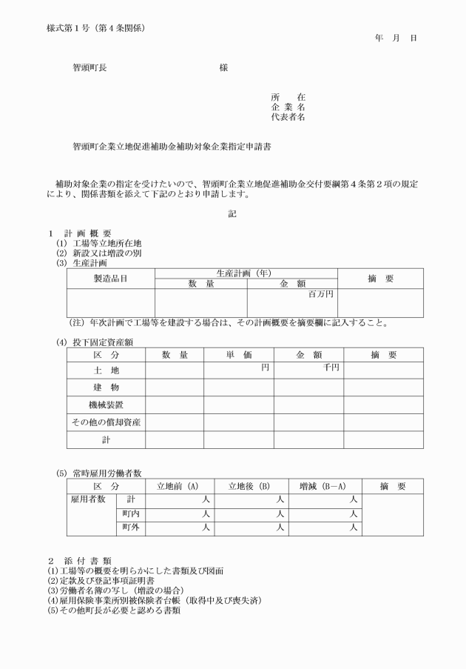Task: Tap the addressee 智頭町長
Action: (89, 68)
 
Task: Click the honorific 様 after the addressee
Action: (223, 68)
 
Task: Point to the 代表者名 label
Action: (288, 117)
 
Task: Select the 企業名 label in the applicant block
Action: (288, 107)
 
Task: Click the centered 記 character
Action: (232, 214)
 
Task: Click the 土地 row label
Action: (106, 370)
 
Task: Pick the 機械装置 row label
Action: (106, 405)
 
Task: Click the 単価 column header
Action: (239, 355)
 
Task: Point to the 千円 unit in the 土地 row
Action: (331, 367)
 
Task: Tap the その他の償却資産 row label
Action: (106, 422)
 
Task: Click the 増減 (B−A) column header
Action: (325, 487)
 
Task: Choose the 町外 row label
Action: (131, 527)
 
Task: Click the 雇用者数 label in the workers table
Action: (87, 500)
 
